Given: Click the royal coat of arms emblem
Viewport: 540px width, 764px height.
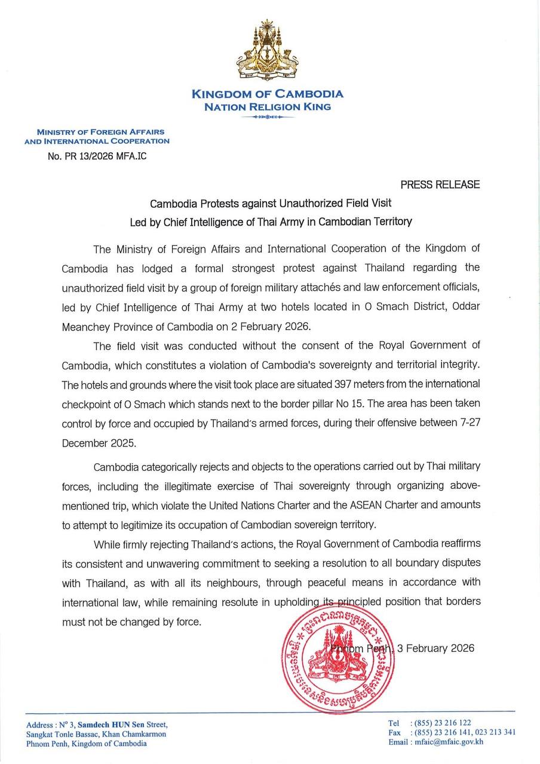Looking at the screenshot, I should click(268, 50).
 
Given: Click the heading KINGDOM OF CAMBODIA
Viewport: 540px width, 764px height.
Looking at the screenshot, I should click(268, 94).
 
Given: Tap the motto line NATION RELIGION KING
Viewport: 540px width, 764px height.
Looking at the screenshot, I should click(268, 107).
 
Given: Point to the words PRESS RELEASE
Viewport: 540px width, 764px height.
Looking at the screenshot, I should click(440, 184).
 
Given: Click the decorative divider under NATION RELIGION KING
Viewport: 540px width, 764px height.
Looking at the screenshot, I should click(268, 118).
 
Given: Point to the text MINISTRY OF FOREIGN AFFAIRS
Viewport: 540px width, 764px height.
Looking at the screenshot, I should click(100, 131).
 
